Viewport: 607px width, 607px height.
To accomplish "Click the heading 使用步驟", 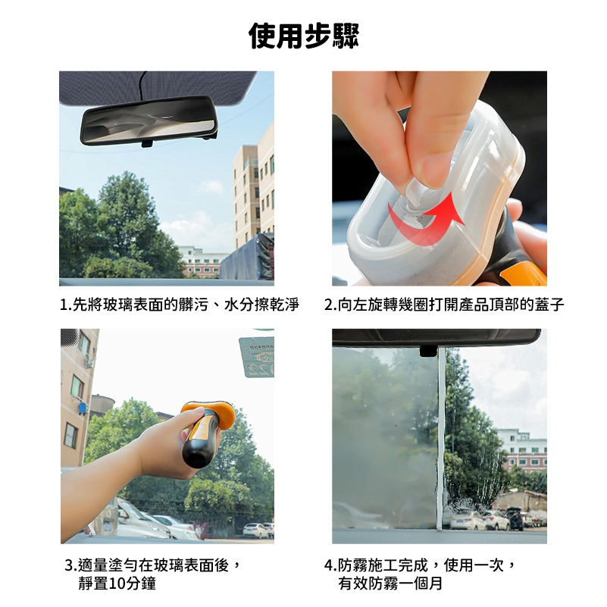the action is pyautogui.click(x=304, y=36).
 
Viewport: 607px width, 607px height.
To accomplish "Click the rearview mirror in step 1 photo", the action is pyautogui.click(x=149, y=120).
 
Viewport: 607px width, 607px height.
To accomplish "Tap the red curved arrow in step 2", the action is pyautogui.click(x=427, y=219).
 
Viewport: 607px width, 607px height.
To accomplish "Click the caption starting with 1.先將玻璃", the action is pyautogui.click(x=180, y=305).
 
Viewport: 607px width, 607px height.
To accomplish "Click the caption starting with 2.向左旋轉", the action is pyautogui.click(x=444, y=305).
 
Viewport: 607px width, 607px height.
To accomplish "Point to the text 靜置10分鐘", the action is pyautogui.click(x=117, y=583).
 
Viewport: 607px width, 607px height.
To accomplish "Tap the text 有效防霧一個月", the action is pyautogui.click(x=390, y=583).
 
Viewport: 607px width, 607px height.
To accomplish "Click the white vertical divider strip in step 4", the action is pyautogui.click(x=441, y=439).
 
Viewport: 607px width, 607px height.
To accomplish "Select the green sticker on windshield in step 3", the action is pyautogui.click(x=257, y=357).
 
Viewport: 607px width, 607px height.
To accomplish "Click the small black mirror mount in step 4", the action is pyautogui.click(x=429, y=351).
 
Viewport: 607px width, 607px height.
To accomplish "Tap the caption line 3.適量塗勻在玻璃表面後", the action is pyautogui.click(x=153, y=565).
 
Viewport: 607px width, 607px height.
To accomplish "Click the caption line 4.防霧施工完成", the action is pyautogui.click(x=421, y=565).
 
